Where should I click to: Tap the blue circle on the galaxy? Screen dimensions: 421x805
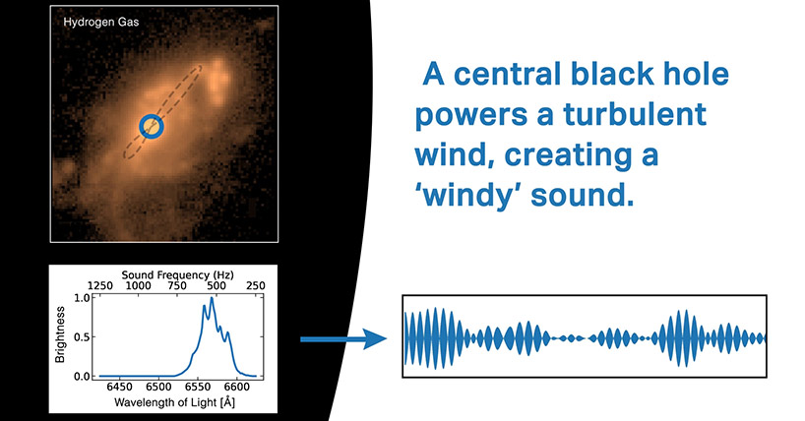(x=151, y=126)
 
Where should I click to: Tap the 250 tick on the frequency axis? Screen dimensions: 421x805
(x=255, y=285)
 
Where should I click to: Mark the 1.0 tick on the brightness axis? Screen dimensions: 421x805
(x=81, y=296)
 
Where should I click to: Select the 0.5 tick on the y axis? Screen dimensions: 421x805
(x=81, y=336)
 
